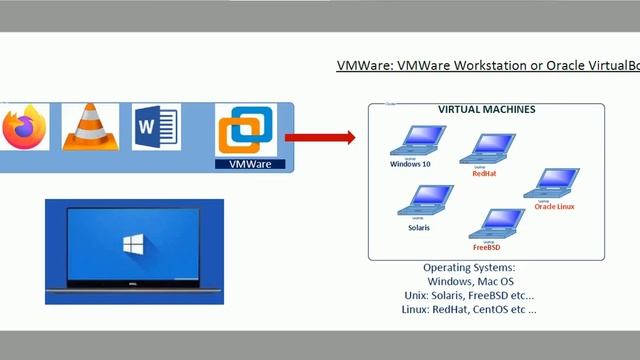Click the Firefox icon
[x=24, y=128]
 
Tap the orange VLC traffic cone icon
[x=91, y=127]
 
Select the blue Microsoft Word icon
[x=156, y=128]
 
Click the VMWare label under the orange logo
[x=251, y=163]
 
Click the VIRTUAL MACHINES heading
[x=486, y=109]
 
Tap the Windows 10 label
[x=413, y=163]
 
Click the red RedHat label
[x=484, y=173]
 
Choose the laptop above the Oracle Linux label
[x=556, y=184]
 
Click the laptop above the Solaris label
[x=418, y=203]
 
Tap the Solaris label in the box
[x=419, y=228]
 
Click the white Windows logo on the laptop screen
[x=133, y=245]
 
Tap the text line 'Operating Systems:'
[x=468, y=268]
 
